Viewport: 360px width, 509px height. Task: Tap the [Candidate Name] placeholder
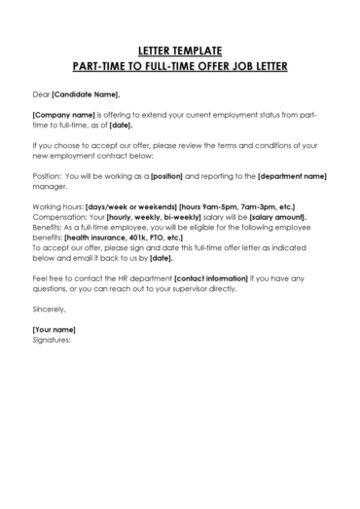pos(86,93)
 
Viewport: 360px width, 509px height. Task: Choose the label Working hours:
pos(57,209)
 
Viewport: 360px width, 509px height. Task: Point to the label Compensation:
pos(60,219)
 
